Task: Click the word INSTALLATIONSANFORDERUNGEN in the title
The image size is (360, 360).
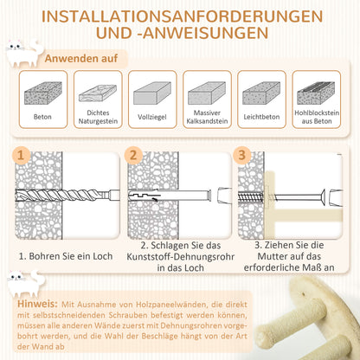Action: pyautogui.click(x=179, y=16)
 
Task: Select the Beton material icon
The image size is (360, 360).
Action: pyautogui.click(x=43, y=93)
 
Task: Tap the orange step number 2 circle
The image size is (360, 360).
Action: pyautogui.click(x=134, y=157)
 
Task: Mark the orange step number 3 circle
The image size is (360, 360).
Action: pyautogui.click(x=244, y=157)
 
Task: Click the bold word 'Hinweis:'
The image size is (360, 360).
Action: pyautogui.click(x=36, y=304)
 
